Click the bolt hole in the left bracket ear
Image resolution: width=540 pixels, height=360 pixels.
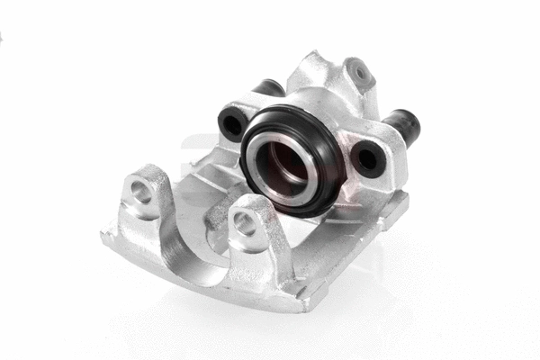(141, 191)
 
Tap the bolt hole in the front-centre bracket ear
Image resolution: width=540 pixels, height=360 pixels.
(245, 224)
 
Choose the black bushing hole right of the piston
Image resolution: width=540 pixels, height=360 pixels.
(367, 158)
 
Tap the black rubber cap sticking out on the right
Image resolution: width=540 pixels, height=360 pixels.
(402, 126)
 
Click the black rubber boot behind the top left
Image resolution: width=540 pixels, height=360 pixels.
(268, 87)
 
